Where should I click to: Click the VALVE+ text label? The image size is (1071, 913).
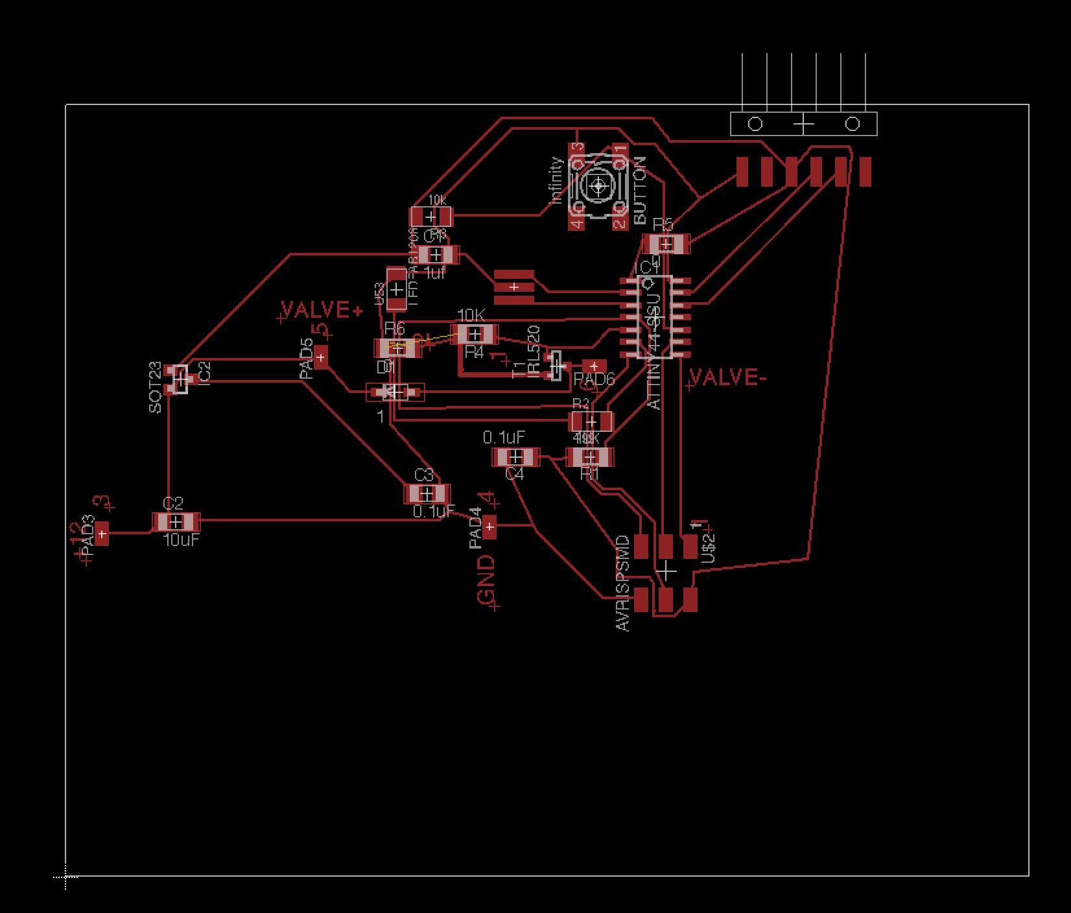tap(322, 309)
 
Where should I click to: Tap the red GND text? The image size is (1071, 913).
tap(486, 579)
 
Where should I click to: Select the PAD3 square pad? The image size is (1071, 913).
tap(102, 534)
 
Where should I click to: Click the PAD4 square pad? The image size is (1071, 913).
tap(489, 527)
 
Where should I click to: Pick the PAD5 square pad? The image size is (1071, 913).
tap(320, 357)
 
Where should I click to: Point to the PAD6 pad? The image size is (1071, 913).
tap(594, 366)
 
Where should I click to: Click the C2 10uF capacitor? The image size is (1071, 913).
tap(176, 522)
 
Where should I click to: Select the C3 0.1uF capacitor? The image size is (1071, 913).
tap(427, 494)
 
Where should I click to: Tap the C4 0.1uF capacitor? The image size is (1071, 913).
tap(515, 457)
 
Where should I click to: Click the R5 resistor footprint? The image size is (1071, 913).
tap(666, 244)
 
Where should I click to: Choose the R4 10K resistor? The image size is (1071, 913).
tap(475, 335)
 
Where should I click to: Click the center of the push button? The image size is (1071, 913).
tap(598, 186)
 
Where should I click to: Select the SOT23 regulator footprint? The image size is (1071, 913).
tap(178, 379)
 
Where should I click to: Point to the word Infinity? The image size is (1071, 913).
tap(556, 181)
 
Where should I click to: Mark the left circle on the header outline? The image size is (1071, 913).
tap(755, 124)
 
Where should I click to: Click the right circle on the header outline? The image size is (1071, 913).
tap(853, 124)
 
